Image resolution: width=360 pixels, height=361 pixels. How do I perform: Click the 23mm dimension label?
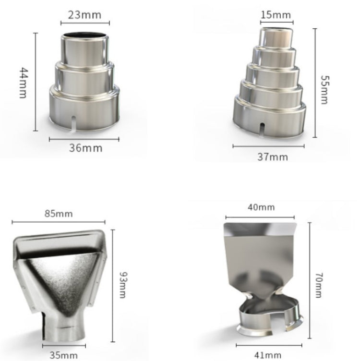pyautogui.click(x=84, y=15)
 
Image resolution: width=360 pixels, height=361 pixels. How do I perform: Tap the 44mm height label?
pyautogui.click(x=23, y=83)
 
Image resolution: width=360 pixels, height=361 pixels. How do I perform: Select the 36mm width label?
pyautogui.click(x=85, y=148)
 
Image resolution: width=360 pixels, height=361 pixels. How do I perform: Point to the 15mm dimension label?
pyautogui.click(x=276, y=15)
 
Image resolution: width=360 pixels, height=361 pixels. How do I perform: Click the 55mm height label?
pyautogui.click(x=325, y=90)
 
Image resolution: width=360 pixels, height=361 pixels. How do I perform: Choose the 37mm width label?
pyautogui.click(x=273, y=157)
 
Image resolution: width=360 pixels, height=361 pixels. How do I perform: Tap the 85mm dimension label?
pyautogui.click(x=59, y=214)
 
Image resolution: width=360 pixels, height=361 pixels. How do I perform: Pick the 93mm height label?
pyautogui.click(x=123, y=285)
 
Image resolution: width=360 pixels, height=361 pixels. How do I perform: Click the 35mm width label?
pyautogui.click(x=64, y=355)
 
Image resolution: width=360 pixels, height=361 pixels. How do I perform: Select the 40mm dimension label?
pyautogui.click(x=261, y=207)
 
